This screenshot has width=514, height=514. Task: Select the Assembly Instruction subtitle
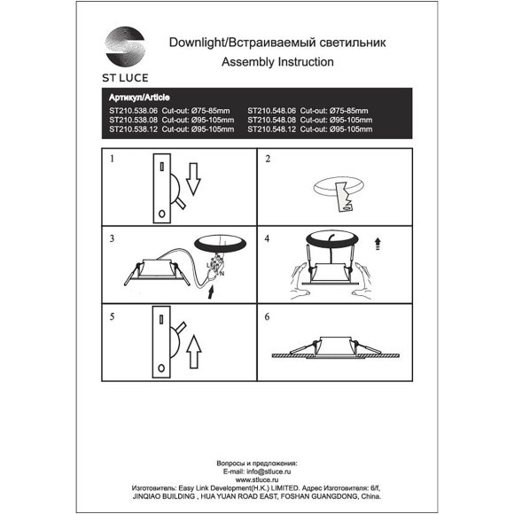pos(276,62)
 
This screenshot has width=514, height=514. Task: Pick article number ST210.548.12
pos(274,129)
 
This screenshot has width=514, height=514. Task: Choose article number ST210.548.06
pos(274,112)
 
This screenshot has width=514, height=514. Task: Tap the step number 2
pos(268,160)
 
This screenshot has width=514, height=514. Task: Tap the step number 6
pos(268,315)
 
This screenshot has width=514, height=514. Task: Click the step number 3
pos(113,239)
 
